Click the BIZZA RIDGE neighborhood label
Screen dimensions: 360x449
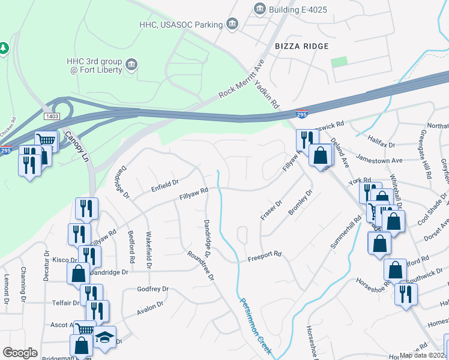pyautogui.click(x=301, y=46)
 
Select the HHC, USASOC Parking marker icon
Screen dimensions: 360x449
pyautogui.click(x=232, y=24)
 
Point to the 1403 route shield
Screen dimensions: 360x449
pyautogui.click(x=52, y=115)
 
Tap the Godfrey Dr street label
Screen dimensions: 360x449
pyautogui.click(x=152, y=289)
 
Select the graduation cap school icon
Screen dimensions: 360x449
pyautogui.click(x=105, y=338)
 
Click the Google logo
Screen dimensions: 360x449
pyautogui.click(x=20, y=353)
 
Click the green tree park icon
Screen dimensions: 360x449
pyautogui.click(x=3, y=47)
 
